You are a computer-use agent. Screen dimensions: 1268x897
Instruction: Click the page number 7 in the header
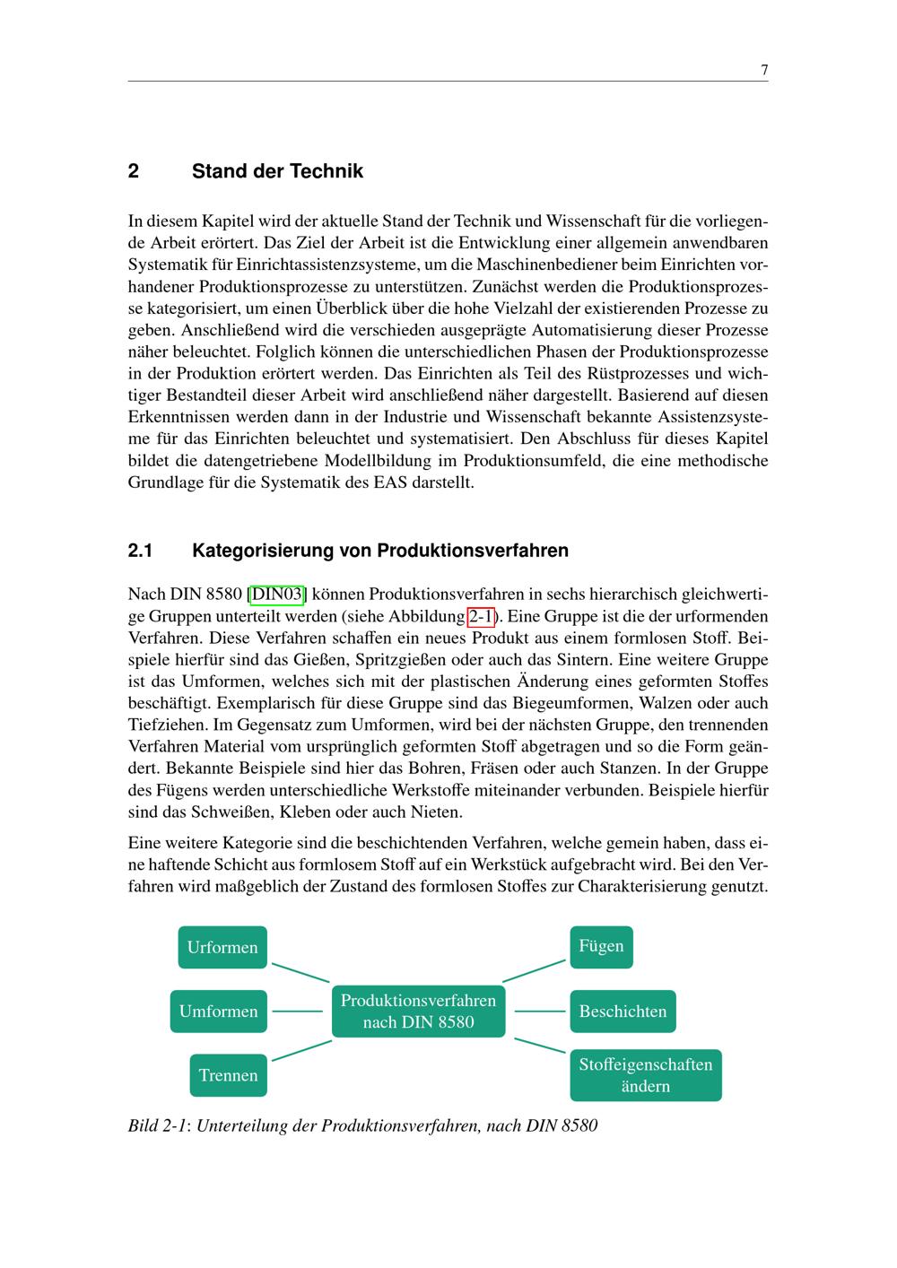point(763,70)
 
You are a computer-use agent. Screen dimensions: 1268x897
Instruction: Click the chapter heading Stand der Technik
point(277,171)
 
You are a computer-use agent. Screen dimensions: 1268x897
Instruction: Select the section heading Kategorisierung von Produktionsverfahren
point(379,550)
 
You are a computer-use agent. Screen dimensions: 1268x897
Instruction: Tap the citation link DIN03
point(277,595)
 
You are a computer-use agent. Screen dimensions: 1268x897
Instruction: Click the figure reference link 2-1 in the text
point(481,616)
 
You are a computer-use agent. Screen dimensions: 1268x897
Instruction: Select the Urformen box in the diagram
point(222,947)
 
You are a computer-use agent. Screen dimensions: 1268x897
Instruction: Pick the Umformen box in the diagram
point(218,1011)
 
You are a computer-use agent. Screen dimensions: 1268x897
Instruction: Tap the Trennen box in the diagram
point(228,1075)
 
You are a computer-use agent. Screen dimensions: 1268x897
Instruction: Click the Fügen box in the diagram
point(601,946)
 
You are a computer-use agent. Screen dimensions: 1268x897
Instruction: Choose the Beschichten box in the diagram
point(623,1011)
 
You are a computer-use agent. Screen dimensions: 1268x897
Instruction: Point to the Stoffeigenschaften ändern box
point(645,1075)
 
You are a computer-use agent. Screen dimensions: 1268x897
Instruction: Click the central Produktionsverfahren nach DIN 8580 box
point(418,1011)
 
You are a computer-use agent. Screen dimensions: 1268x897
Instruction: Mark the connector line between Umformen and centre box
point(297,1011)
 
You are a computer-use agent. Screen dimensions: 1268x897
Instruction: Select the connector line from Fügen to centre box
point(534,969)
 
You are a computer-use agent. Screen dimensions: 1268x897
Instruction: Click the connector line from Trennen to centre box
point(301,1050)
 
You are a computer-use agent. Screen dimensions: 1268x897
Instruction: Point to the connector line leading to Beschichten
point(540,1011)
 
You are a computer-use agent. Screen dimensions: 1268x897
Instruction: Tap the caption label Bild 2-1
point(157,1125)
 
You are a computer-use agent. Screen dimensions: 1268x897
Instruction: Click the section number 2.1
point(141,550)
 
